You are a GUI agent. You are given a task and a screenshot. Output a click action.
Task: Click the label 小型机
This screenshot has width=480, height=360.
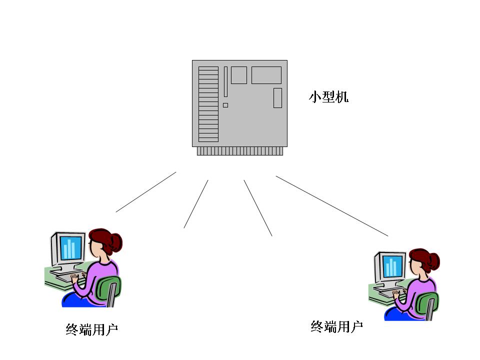click(328, 96)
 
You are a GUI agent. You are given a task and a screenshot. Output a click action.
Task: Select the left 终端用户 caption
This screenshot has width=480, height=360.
click(91, 329)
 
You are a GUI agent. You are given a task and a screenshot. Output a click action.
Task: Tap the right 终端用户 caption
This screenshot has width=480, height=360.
click(336, 327)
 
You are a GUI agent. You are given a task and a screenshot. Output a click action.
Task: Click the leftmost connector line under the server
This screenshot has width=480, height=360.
click(146, 192)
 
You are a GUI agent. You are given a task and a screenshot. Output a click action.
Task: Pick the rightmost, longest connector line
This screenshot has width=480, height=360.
click(332, 206)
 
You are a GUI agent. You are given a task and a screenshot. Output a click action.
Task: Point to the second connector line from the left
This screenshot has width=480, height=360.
click(196, 204)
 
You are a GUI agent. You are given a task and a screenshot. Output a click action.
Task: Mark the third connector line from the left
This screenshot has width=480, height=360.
click(258, 208)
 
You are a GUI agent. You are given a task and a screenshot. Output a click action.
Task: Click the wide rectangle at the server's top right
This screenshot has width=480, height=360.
click(266, 75)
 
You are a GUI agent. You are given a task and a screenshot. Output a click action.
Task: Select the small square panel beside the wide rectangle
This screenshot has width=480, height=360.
click(239, 75)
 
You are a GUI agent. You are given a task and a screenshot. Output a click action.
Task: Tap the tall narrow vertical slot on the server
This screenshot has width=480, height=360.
click(225, 81)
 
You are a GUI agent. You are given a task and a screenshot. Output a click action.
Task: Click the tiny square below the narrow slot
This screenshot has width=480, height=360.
click(225, 105)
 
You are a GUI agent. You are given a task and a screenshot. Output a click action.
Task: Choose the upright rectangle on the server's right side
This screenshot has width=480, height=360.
click(277, 98)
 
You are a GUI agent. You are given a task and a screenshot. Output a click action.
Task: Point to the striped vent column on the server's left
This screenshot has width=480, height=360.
click(208, 104)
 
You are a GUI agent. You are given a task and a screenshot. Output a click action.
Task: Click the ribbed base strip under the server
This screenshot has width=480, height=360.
click(240, 151)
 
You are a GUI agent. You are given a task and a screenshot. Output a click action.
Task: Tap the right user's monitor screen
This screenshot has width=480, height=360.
click(392, 265)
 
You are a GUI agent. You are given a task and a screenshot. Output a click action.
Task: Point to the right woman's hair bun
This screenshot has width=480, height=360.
click(433, 261)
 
